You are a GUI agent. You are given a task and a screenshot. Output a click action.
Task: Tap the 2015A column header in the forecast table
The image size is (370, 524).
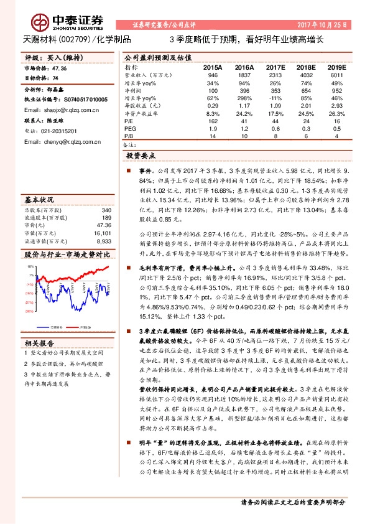pyautogui.click(x=212, y=67)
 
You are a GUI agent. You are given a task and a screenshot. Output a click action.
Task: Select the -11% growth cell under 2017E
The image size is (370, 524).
pyautogui.click(x=272, y=98)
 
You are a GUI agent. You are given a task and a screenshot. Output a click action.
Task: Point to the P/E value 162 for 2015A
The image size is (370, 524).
pyautogui.click(x=213, y=121)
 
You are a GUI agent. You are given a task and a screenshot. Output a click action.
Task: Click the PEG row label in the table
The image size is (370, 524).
pyautogui.click(x=130, y=129)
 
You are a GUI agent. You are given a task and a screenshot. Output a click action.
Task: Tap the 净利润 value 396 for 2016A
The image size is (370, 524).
pyautogui.click(x=243, y=90)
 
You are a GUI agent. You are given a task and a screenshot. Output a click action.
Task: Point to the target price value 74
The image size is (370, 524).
pyautogui.click(x=55, y=78)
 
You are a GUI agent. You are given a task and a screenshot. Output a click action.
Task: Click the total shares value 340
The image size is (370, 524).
pyautogui.click(x=106, y=210)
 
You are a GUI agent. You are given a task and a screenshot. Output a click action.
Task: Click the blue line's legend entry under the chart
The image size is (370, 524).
pyautogui.click(x=54, y=326)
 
